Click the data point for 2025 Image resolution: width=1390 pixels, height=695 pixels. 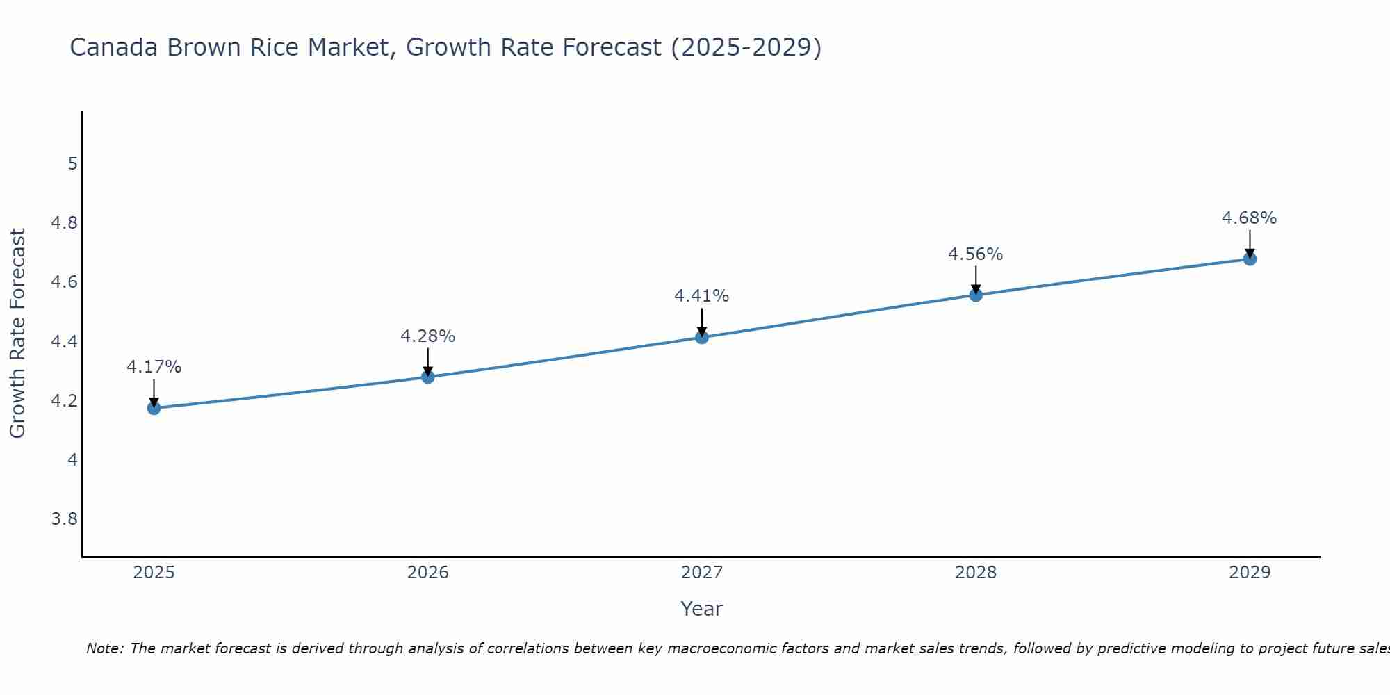coord(154,408)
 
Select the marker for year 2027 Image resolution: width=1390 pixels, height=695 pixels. coord(702,338)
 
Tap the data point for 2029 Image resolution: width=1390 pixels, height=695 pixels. coord(1250,259)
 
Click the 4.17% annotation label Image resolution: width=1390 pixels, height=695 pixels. coord(154,367)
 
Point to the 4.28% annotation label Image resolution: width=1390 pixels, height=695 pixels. coord(428,336)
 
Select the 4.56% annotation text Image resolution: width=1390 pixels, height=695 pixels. coord(976,254)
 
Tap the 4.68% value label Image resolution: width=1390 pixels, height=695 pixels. coord(1250,218)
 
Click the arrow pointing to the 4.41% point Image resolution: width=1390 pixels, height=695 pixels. coord(702,322)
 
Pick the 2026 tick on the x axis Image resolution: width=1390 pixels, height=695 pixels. coord(428,573)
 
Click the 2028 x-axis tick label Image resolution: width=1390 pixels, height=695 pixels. coord(976,573)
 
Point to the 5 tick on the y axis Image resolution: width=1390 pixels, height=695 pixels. coord(72,164)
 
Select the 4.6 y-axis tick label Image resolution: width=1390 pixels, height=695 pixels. coord(65,282)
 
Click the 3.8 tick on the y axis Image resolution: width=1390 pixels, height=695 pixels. coord(65,519)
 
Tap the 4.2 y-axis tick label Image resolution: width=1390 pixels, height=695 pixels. coord(65,401)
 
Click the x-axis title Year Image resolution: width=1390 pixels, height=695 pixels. coord(702,609)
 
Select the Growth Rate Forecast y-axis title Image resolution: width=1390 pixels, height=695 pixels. coord(17,334)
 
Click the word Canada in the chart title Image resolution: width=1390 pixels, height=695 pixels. coord(115,47)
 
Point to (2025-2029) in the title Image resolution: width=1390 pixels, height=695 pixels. coord(746,47)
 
